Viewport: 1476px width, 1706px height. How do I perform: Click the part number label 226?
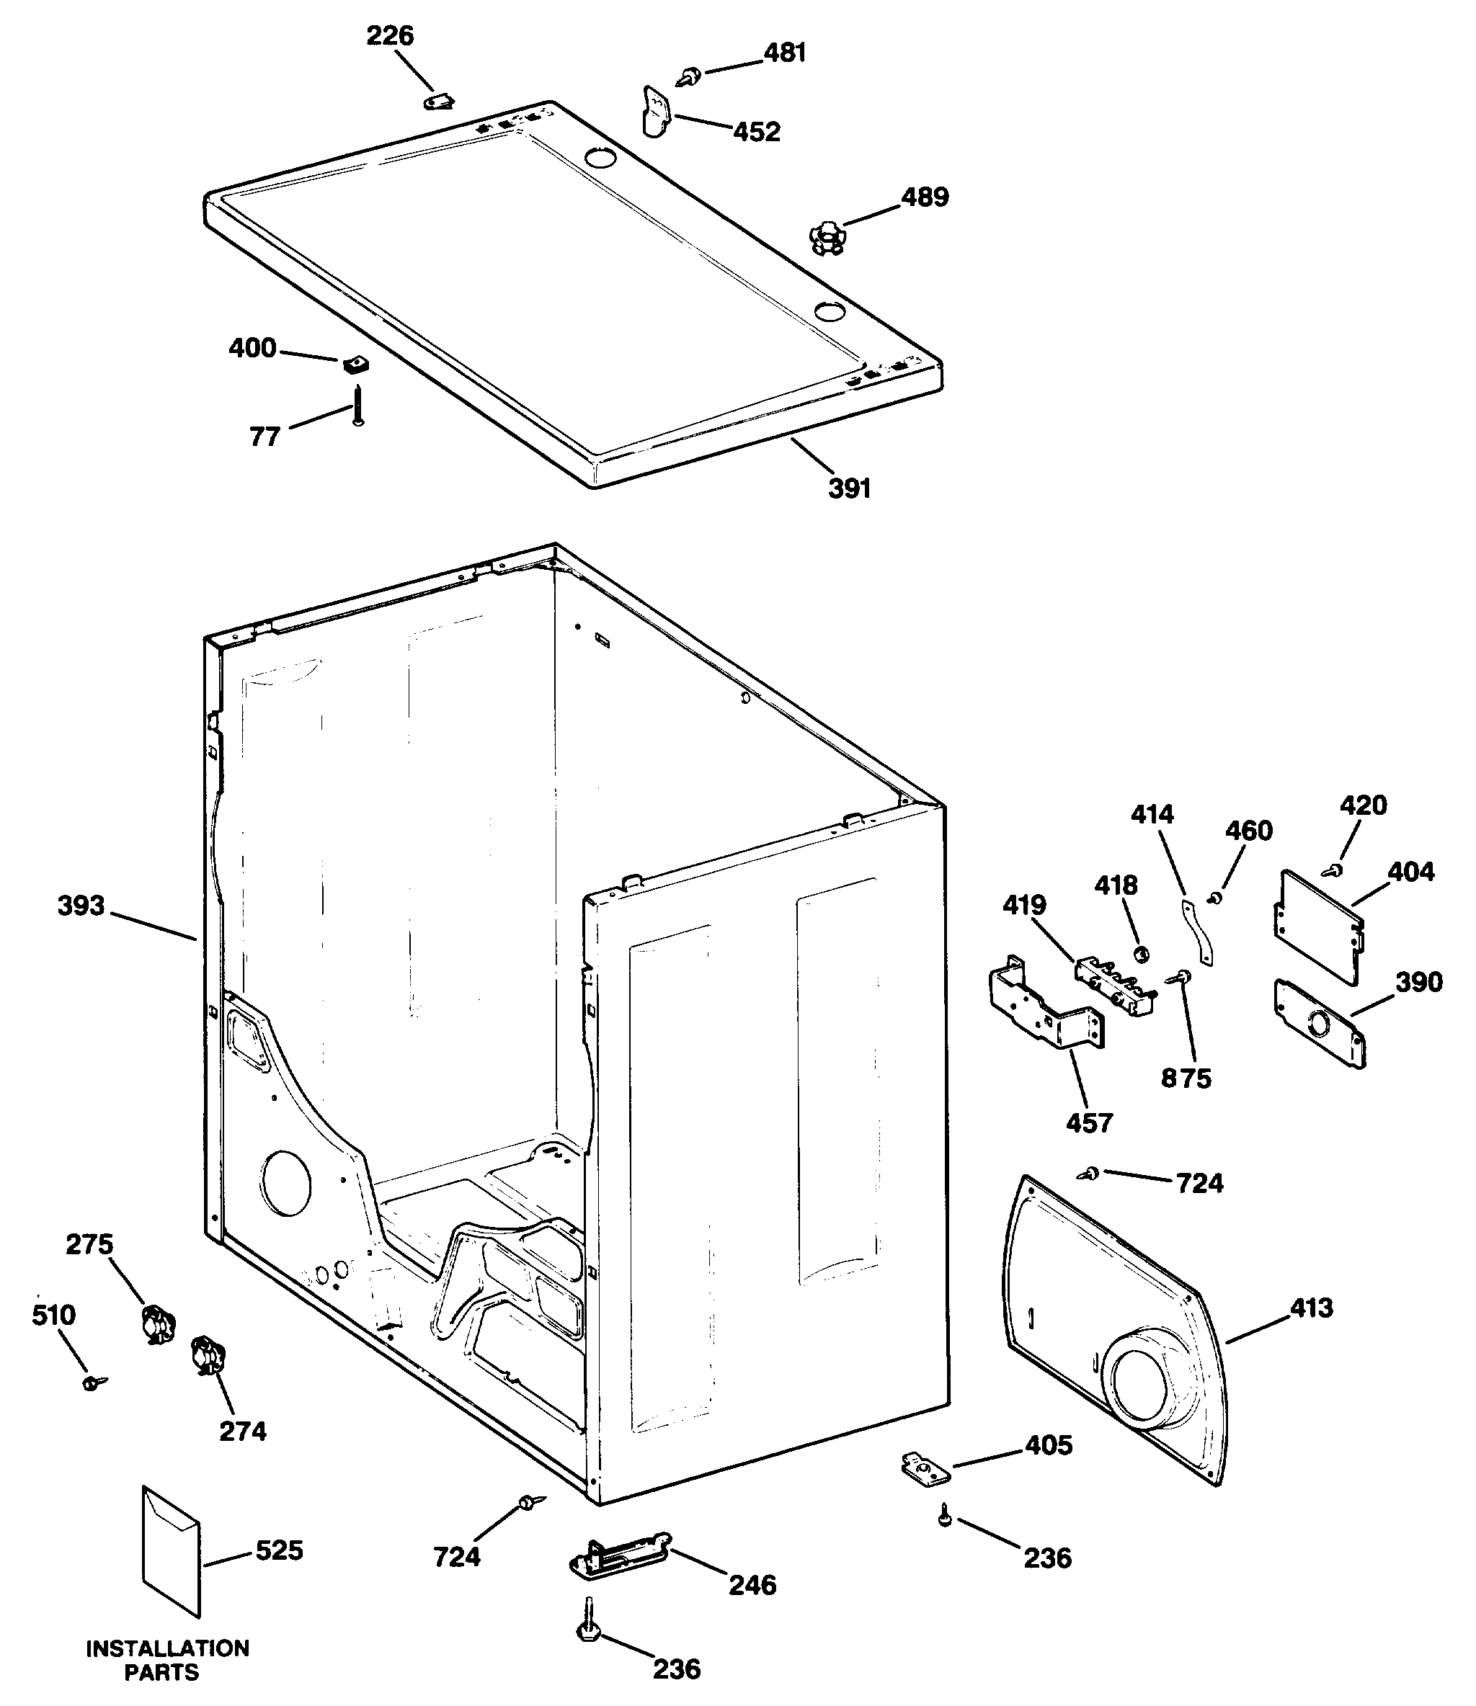tap(390, 35)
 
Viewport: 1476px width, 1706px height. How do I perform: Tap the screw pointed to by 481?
tap(687, 77)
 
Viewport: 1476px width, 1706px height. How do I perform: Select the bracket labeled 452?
tap(656, 111)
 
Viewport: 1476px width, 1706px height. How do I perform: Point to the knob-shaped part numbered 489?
tap(827, 238)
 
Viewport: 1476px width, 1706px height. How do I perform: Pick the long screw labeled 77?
tap(357, 406)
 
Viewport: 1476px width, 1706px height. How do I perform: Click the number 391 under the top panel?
tap(849, 488)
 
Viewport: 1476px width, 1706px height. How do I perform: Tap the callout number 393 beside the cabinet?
tap(81, 906)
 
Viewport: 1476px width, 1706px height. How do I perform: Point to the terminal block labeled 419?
tap(1114, 984)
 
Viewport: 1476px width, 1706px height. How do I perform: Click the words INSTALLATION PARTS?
tap(167, 1659)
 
